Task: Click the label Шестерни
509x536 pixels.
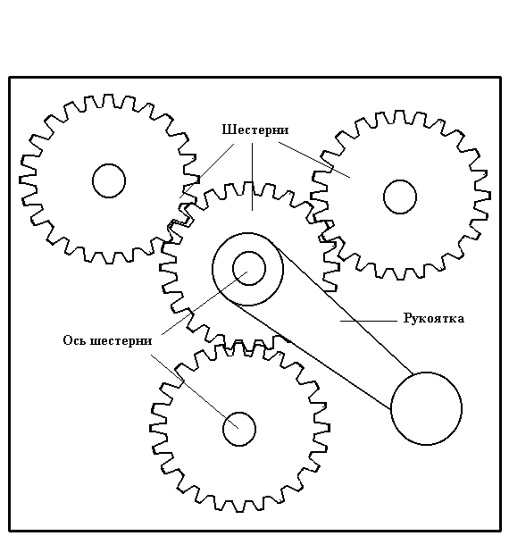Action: (x=255, y=130)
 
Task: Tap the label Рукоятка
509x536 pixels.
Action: (x=434, y=318)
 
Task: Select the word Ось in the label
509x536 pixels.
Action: (x=75, y=340)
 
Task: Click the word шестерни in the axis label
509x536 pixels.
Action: (x=121, y=341)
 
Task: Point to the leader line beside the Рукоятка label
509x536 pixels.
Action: (x=369, y=321)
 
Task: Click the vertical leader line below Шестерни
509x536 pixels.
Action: (x=253, y=177)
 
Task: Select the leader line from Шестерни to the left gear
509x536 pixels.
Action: (x=207, y=171)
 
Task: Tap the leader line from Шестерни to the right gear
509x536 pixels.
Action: (x=314, y=160)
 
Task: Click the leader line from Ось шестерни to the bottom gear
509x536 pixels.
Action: (x=195, y=391)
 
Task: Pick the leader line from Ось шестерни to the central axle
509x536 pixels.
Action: (x=204, y=303)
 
